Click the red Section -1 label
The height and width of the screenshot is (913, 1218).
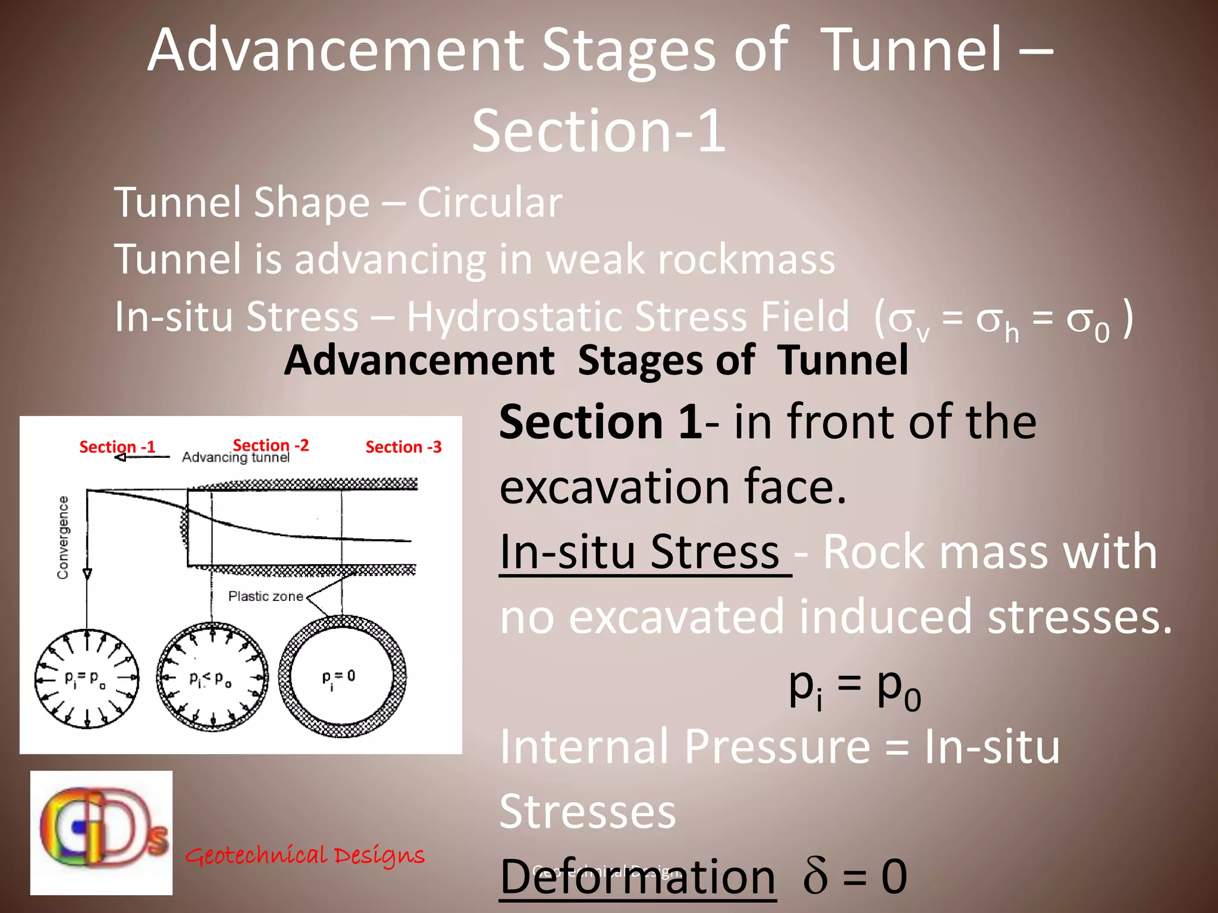click(x=117, y=446)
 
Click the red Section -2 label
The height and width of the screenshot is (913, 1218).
click(x=271, y=445)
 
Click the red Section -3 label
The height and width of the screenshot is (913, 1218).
click(x=403, y=446)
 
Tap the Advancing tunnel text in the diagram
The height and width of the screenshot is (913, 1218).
click(x=236, y=457)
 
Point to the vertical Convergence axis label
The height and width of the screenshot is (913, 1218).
click(x=62, y=537)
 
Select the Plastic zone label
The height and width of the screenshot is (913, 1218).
click(x=265, y=596)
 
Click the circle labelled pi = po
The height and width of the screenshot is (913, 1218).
click(x=87, y=678)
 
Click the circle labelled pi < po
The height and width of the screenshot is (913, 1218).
click(x=212, y=677)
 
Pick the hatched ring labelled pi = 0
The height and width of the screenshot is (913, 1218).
click(x=343, y=676)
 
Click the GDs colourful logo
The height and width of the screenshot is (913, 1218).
click(x=102, y=832)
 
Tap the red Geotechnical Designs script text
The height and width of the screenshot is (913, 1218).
click(x=305, y=855)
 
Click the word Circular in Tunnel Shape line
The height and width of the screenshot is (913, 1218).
click(x=489, y=203)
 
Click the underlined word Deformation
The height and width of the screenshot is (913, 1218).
click(x=638, y=877)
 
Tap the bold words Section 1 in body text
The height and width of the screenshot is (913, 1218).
click(x=600, y=421)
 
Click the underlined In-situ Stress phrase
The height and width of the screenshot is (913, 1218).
click(x=639, y=552)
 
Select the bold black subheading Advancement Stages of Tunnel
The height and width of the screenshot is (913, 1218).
click(x=595, y=360)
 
